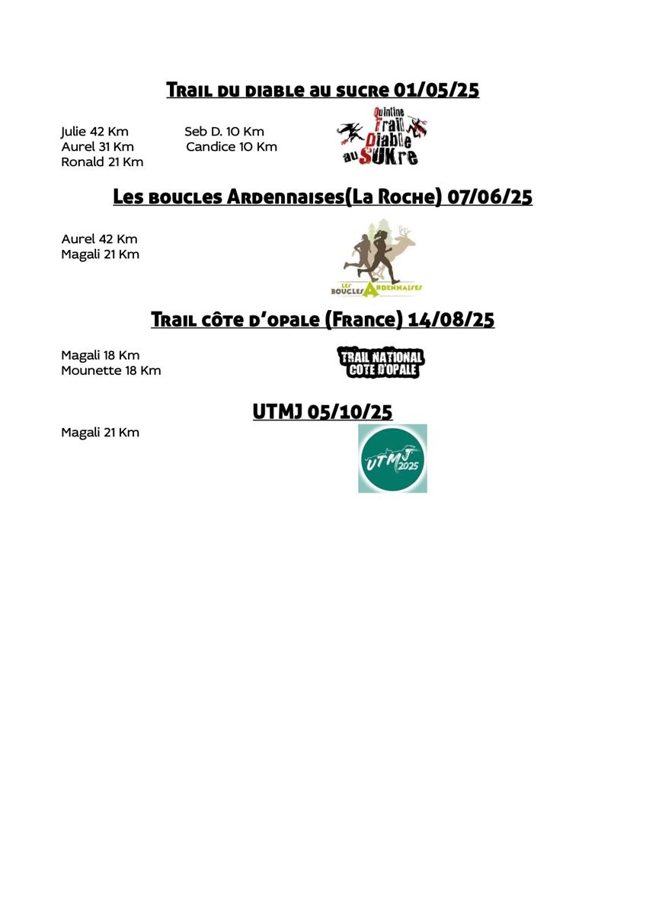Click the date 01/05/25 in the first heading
(x=437, y=91)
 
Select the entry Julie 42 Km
(x=94, y=132)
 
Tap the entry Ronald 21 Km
(x=102, y=161)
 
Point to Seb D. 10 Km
(x=224, y=132)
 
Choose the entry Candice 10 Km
(x=232, y=146)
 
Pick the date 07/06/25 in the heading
(x=490, y=197)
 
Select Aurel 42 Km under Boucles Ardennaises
(x=99, y=239)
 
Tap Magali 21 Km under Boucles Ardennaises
(x=100, y=254)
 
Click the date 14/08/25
(x=451, y=320)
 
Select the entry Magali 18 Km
(x=100, y=356)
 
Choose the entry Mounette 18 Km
(x=110, y=371)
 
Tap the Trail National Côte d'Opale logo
(x=380, y=363)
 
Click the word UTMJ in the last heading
(x=278, y=413)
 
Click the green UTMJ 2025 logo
(x=392, y=459)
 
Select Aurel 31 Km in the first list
(x=98, y=146)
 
